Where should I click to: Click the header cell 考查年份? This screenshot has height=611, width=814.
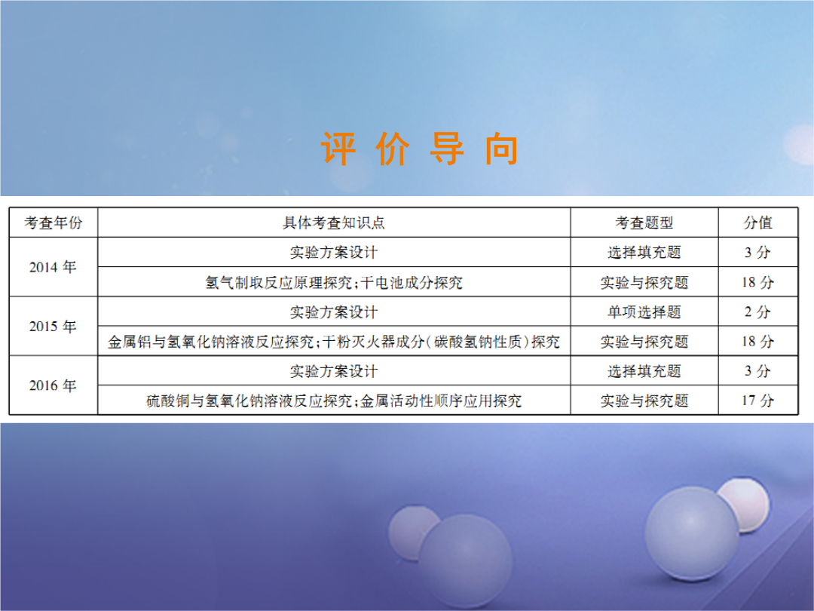54,223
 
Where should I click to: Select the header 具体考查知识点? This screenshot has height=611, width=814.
334,223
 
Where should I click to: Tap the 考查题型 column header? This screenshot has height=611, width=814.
644,223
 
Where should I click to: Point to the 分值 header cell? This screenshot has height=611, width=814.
758,223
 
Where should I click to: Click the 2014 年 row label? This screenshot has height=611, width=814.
53,267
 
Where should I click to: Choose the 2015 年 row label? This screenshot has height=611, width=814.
53,327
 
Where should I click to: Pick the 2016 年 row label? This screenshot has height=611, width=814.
53,385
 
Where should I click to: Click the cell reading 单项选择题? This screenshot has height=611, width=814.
644,312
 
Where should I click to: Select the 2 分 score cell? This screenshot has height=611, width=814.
757,312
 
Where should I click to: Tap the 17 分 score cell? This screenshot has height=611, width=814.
757,401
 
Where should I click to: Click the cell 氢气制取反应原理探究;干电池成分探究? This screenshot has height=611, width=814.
334,282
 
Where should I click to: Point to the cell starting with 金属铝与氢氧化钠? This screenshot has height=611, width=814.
334,342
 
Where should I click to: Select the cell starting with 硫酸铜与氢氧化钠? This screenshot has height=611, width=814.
334,401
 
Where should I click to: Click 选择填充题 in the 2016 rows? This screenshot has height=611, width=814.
644,371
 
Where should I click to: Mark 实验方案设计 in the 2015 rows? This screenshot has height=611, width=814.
334,312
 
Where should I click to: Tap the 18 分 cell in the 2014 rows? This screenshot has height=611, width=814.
757,282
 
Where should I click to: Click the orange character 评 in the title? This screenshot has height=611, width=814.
338,149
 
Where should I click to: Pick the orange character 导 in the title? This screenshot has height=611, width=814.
447,149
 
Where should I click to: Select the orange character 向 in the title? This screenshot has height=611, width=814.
501,149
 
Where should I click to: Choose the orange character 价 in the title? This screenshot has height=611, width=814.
393,149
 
